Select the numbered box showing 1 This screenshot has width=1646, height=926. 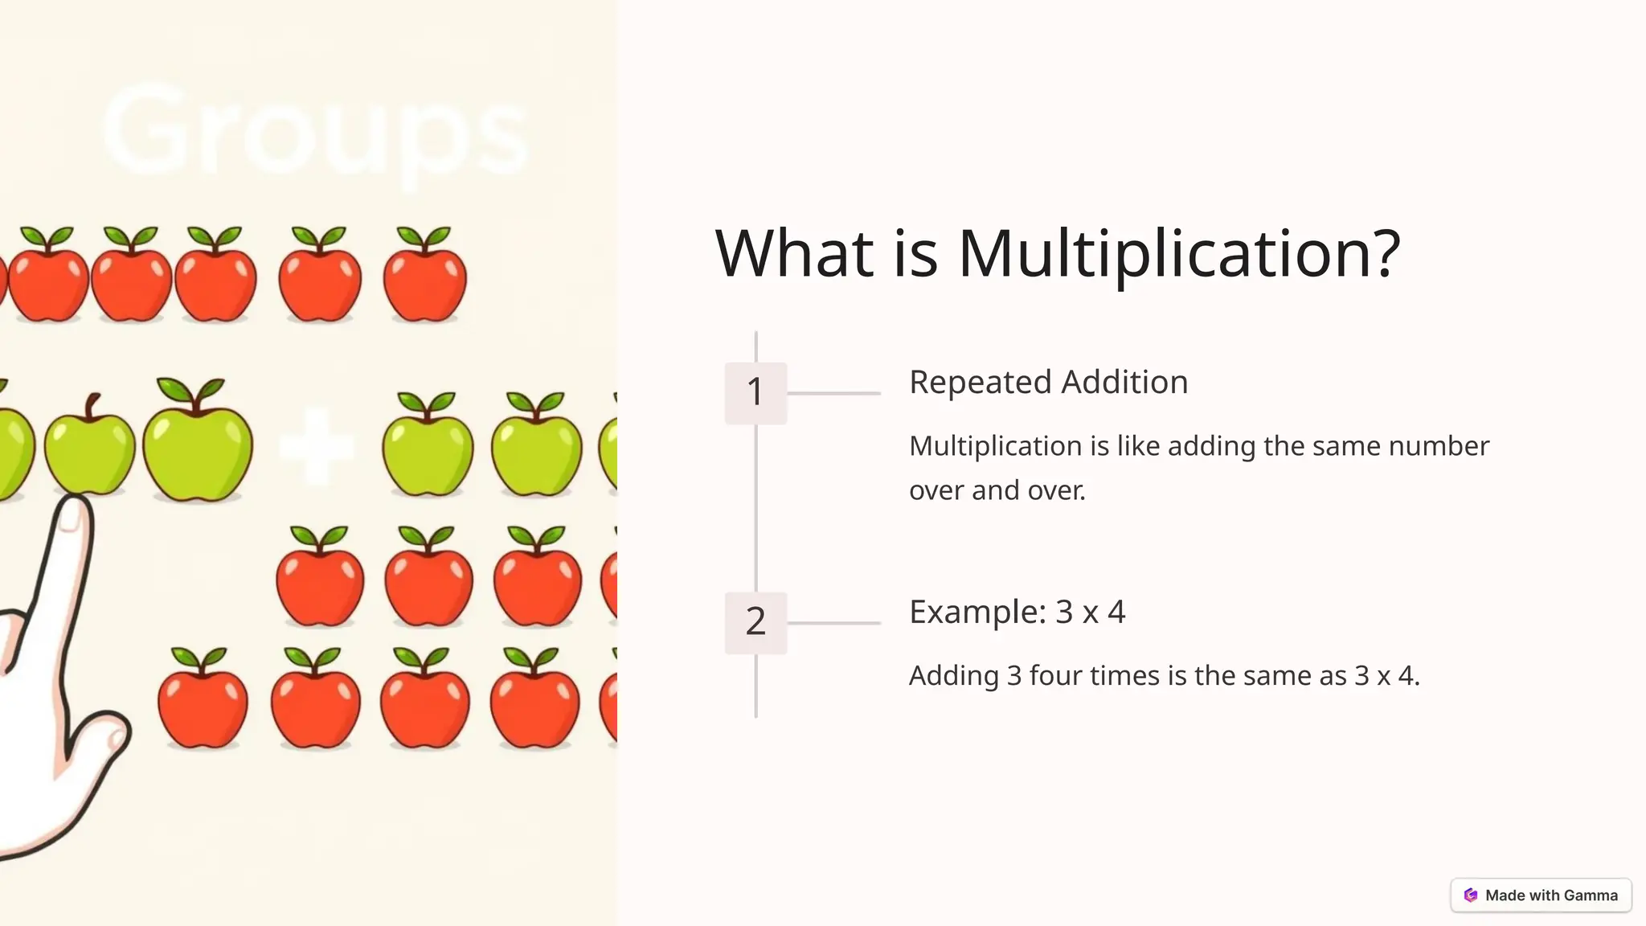755,392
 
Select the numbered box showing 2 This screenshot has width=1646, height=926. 755,622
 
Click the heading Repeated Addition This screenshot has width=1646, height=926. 1048,382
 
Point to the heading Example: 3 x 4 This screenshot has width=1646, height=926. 1017,613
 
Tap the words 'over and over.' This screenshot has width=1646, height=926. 997,490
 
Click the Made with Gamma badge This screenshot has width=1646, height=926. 1541,895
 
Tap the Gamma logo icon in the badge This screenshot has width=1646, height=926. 1471,895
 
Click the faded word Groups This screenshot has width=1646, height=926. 315,133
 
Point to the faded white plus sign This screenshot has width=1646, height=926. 317,447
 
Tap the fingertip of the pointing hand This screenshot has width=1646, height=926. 74,514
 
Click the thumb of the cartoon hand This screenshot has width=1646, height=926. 109,735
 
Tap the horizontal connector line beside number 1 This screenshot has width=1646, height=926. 833,393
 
